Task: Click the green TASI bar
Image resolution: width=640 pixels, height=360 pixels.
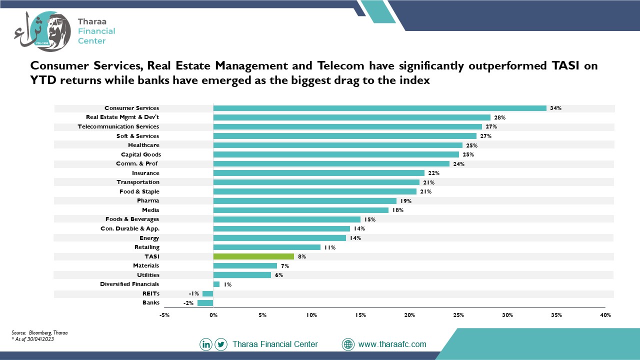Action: tap(253, 256)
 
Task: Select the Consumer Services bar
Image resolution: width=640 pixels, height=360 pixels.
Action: tap(379, 108)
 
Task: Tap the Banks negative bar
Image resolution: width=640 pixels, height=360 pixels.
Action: tap(205, 303)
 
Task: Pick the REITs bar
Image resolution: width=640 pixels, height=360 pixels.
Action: tap(207, 293)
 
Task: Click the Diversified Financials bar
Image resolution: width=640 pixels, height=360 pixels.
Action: tap(216, 284)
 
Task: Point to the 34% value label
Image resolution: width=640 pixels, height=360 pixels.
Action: tap(555, 108)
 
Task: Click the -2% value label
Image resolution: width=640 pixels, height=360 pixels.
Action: tap(188, 303)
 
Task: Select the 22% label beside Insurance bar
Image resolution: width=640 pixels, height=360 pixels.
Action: tap(433, 173)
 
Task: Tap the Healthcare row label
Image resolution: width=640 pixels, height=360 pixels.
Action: tap(143, 145)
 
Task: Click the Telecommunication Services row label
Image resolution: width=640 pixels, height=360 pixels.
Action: tap(118, 126)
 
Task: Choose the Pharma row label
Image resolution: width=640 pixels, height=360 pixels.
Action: tap(148, 200)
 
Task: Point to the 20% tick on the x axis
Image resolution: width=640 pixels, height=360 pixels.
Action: tap(409, 315)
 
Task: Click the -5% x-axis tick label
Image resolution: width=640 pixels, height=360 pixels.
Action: tap(164, 315)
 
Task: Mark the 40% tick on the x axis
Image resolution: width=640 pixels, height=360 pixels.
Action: tap(605, 315)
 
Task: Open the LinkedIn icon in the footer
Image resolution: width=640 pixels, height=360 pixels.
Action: tap(205, 344)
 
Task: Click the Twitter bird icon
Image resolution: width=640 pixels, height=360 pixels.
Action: tap(221, 344)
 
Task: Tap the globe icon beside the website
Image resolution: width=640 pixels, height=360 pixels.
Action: tap(348, 344)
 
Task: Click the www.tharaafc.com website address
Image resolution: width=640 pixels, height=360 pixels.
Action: tap(392, 344)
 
